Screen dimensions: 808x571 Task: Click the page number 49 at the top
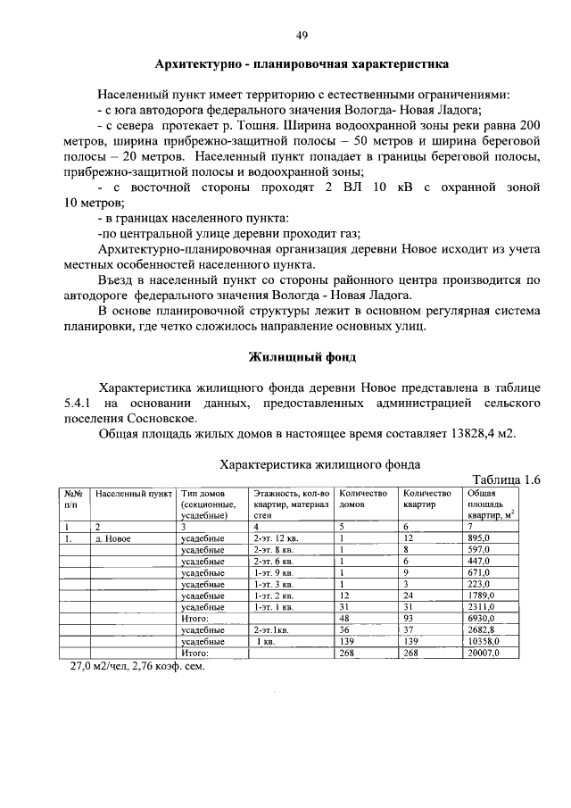coord(302,36)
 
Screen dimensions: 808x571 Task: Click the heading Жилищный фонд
coord(302,358)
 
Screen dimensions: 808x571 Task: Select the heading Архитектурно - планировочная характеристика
coord(302,65)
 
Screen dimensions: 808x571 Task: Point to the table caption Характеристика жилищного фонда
coord(320,464)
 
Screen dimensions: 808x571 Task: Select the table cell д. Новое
coord(113,539)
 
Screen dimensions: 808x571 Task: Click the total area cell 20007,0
coord(483,653)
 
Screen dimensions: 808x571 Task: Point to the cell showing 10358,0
coord(483,641)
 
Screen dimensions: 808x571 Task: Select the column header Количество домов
coord(364,498)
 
